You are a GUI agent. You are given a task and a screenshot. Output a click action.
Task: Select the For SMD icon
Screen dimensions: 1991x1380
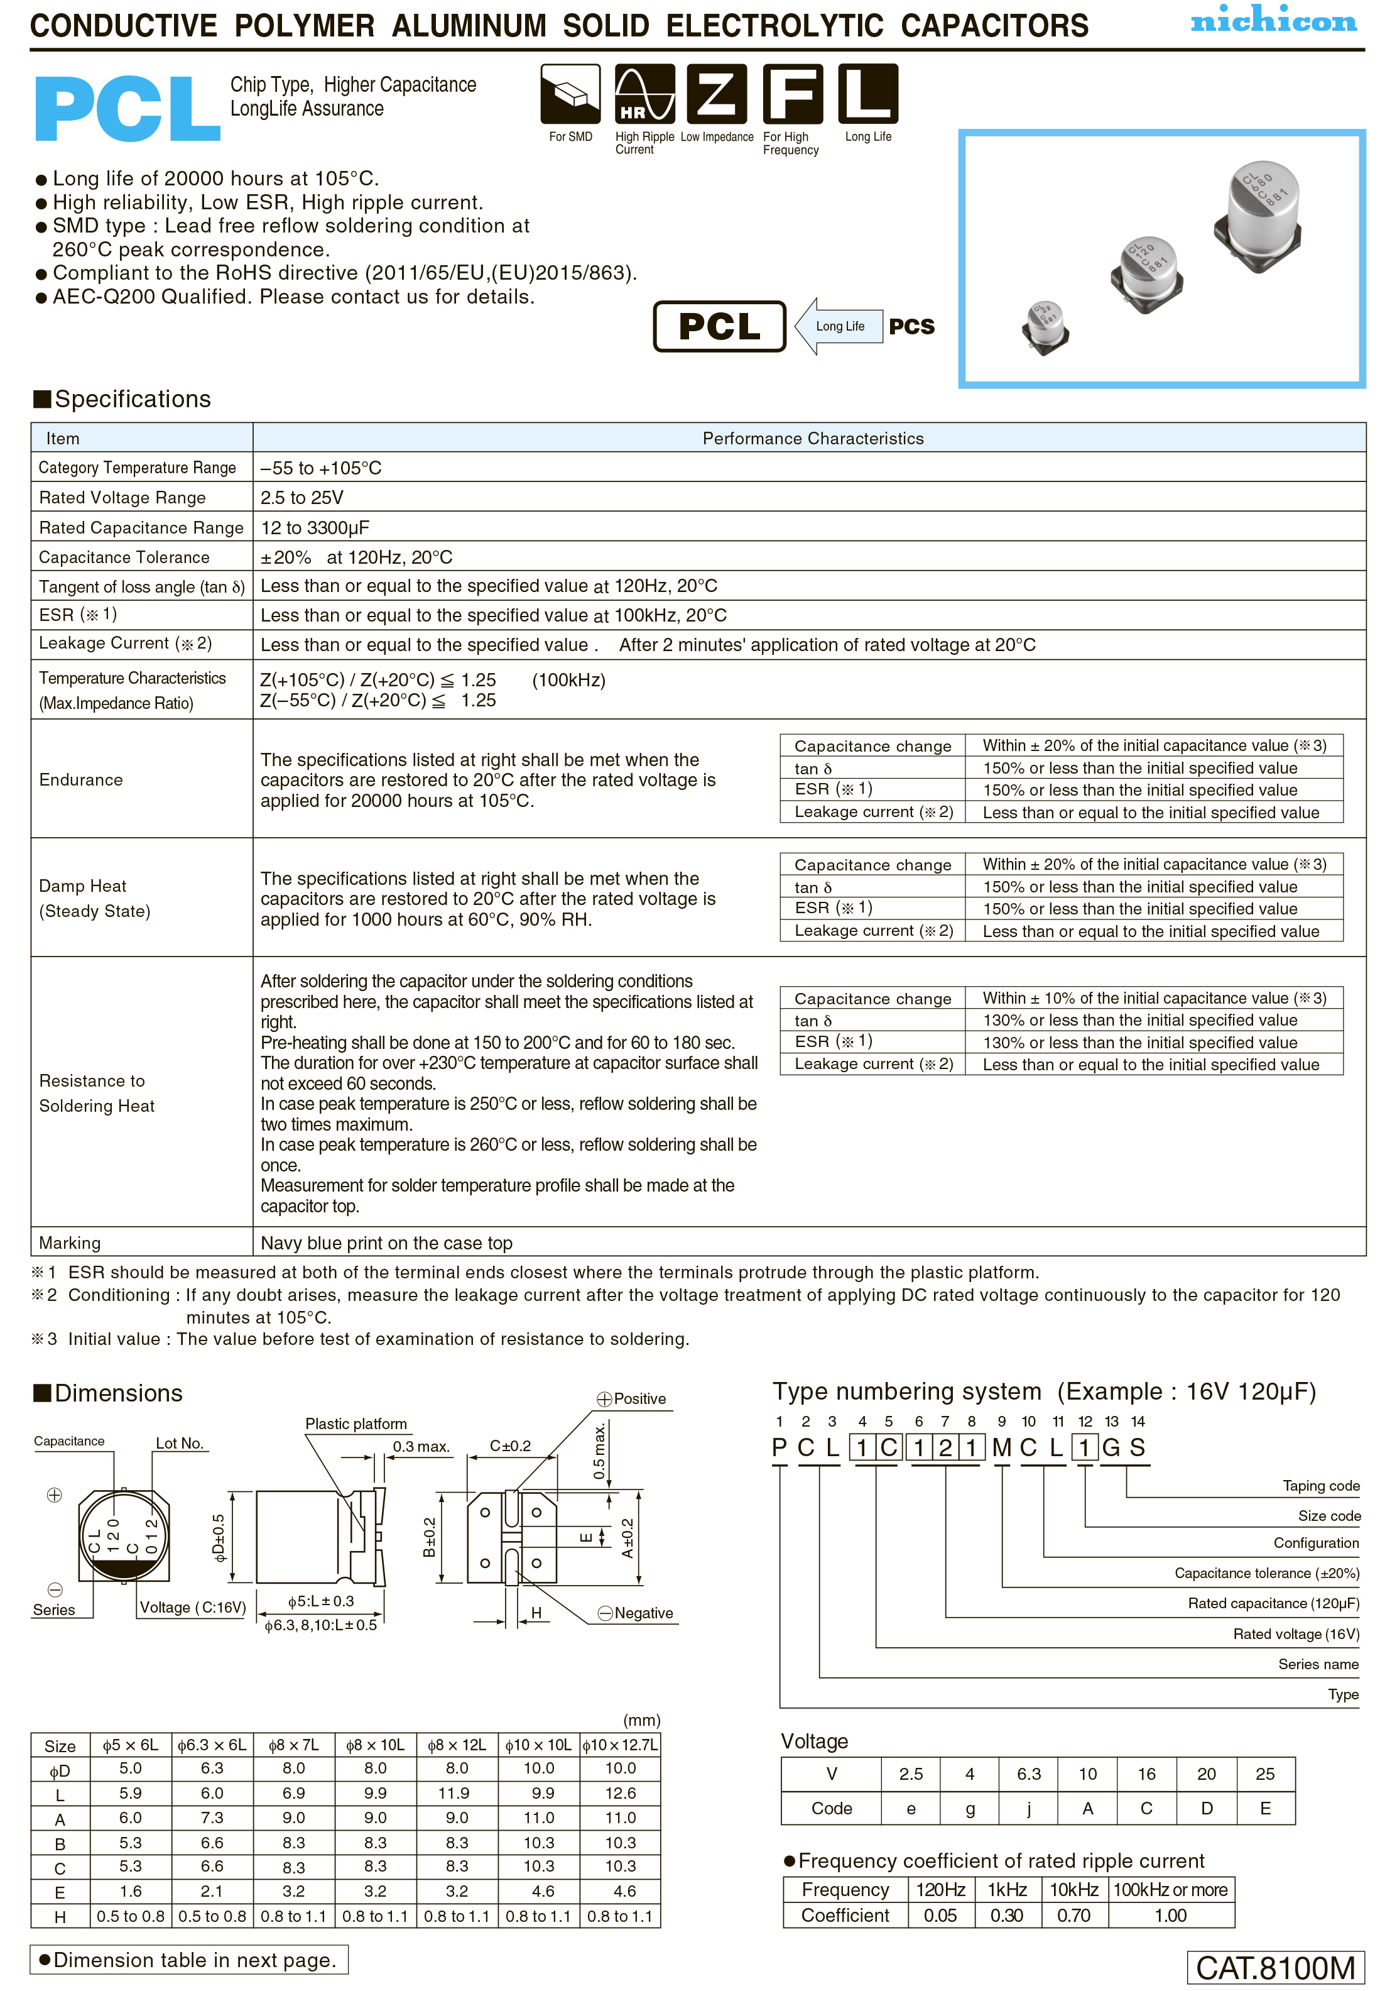[x=570, y=94]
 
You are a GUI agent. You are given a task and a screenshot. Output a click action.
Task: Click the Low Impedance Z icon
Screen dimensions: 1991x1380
[x=717, y=94]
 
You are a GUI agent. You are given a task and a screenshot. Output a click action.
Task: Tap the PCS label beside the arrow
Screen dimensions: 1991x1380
[x=911, y=327]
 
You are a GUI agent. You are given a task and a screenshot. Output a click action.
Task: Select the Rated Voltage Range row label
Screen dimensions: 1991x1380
[x=122, y=497]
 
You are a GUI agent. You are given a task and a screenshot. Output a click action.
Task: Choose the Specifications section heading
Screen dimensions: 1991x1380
[x=122, y=398]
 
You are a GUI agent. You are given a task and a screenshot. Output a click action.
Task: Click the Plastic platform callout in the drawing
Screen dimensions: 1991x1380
[x=356, y=1423]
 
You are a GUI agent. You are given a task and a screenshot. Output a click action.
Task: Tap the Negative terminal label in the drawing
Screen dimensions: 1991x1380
[x=643, y=1613]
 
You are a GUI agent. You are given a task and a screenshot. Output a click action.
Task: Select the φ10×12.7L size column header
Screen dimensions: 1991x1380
[x=620, y=1745]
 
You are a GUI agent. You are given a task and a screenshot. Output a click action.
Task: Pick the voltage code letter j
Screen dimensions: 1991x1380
[x=1028, y=1809]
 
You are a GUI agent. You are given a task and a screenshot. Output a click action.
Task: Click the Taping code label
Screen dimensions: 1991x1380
[x=1320, y=1486]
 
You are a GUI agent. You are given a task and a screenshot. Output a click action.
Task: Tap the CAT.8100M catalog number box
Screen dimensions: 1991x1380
[x=1275, y=1968]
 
